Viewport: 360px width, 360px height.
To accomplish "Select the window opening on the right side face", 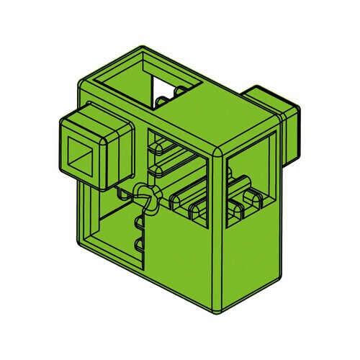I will click(248, 191).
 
